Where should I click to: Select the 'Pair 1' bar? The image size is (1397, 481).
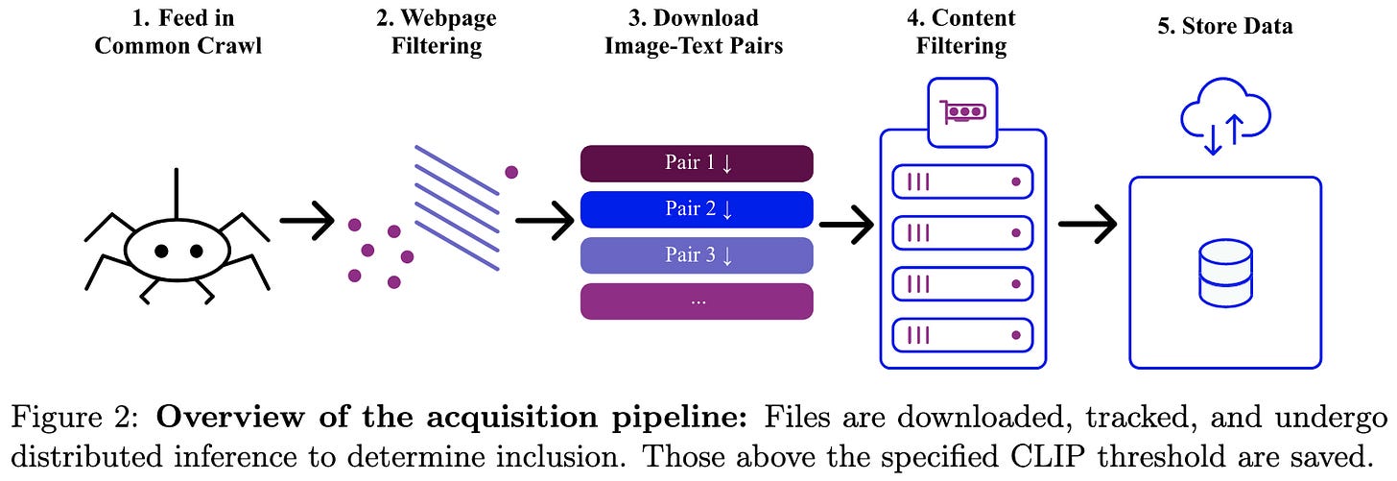tap(697, 163)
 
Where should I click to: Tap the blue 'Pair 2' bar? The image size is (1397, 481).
tap(697, 209)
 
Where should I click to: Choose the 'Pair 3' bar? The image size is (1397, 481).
tap(697, 255)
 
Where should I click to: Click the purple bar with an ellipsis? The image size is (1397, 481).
tap(697, 301)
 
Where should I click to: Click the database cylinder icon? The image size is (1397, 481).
tap(1225, 274)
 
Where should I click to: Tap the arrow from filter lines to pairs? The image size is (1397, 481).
tap(544, 221)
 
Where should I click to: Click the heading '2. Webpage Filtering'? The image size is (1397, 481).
tap(437, 33)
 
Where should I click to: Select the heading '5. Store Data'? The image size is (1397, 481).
tap(1224, 26)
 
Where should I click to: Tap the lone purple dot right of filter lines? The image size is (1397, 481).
tap(511, 172)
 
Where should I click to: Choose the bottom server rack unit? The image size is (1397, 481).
tap(962, 335)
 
